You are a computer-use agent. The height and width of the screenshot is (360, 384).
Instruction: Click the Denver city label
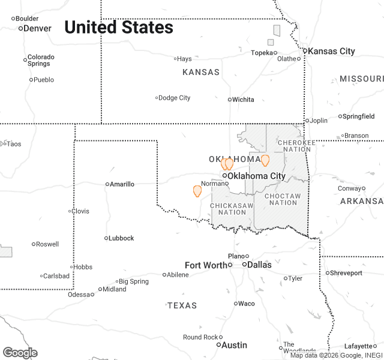[x=37, y=28]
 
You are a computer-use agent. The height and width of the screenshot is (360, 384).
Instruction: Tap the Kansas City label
[x=331, y=51]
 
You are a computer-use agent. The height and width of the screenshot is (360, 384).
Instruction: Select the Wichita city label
[x=243, y=100]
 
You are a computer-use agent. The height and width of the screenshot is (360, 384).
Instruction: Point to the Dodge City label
[x=175, y=98]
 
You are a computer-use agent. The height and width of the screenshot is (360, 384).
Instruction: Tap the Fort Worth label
[x=206, y=265]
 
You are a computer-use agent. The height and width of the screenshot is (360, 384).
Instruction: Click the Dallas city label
[x=259, y=265]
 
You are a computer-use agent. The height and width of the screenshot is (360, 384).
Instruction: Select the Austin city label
[x=234, y=345]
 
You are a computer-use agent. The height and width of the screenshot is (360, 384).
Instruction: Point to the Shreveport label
[x=347, y=273]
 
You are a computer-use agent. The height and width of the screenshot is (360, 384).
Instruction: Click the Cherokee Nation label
[x=296, y=146]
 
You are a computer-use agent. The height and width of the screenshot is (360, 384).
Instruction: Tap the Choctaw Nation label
[x=282, y=199]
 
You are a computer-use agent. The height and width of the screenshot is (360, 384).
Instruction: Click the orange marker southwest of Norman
[x=197, y=191]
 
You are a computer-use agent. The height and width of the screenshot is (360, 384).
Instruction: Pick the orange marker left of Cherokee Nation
[x=265, y=160]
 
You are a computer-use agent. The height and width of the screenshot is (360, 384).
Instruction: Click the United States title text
[x=119, y=27]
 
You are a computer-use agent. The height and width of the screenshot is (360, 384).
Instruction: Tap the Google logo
[x=20, y=353]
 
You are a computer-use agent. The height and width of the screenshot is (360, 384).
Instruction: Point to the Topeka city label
[x=262, y=53]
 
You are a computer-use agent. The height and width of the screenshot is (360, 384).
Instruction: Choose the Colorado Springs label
[x=41, y=60]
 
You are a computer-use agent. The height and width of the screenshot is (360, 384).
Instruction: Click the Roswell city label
[x=47, y=244]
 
